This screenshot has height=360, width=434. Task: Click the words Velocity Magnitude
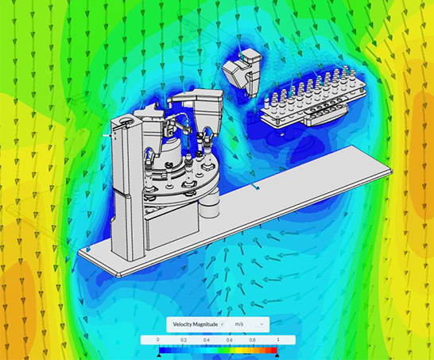195,324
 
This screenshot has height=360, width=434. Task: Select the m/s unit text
239,324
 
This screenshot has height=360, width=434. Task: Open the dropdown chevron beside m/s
262,324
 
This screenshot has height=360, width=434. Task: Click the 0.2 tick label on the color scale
184,340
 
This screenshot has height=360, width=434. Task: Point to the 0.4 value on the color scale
207,340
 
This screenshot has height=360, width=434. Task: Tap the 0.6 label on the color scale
230,340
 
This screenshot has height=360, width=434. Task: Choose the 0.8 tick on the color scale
253,340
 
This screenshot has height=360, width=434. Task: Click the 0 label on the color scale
157,340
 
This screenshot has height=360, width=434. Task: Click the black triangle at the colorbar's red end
277,355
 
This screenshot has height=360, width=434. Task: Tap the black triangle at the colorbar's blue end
159,355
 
